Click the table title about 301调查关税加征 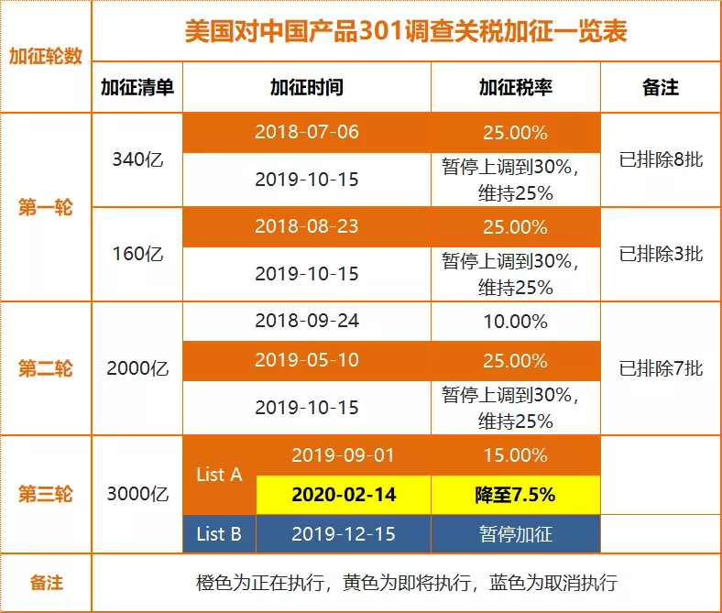(x=405, y=32)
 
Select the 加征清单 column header (x=137, y=87)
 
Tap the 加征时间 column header (x=306, y=87)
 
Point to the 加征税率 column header (x=515, y=87)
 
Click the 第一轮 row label (x=46, y=208)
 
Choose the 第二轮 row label (x=46, y=369)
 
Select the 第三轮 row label (x=46, y=495)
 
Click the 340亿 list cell (x=137, y=159)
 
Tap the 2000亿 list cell (x=137, y=369)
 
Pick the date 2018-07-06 (x=306, y=132)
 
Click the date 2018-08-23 (x=306, y=226)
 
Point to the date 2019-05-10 (x=306, y=360)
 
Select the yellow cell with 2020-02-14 (x=344, y=495)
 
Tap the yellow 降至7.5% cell (x=515, y=495)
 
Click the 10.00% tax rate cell (x=515, y=322)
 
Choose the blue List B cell (x=219, y=534)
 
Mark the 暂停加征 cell (x=515, y=534)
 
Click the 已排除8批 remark (x=661, y=159)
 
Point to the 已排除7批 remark (x=661, y=369)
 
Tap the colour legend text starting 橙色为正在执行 (x=405, y=583)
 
